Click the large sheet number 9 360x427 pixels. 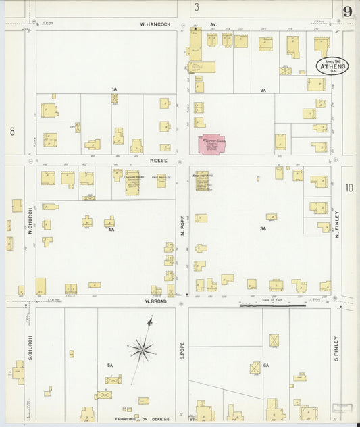point(347,11)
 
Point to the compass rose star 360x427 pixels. point(142,349)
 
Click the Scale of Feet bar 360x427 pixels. point(272,305)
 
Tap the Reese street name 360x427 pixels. point(157,162)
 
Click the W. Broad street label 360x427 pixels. point(155,301)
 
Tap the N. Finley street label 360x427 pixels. point(336,222)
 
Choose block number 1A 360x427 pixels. point(114,89)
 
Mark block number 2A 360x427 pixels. point(263,90)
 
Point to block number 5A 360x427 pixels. point(109,365)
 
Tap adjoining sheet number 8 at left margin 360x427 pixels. point(11,132)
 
